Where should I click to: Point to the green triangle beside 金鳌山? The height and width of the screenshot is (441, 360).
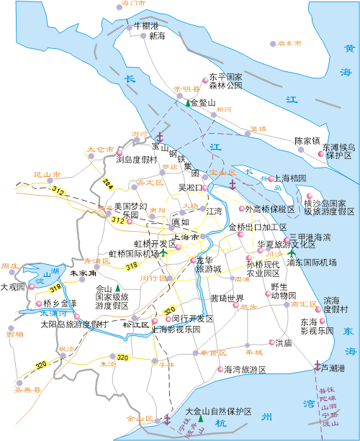coord(187,103)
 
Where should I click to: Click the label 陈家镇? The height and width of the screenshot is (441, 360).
coord(307,140)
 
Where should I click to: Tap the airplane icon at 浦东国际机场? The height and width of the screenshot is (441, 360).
coord(291,253)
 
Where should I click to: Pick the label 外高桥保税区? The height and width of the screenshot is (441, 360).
coord(270,209)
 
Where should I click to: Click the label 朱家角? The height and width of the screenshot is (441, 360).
coord(83,273)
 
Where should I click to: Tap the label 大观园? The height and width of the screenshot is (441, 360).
coord(12,287)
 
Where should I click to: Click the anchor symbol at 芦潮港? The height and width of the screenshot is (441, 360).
coord(317,367)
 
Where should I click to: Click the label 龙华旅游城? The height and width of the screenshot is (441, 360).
coord(209,264)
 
